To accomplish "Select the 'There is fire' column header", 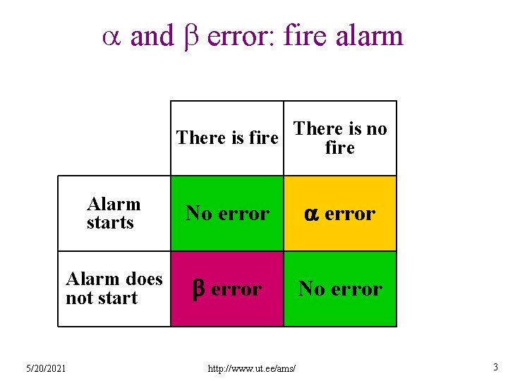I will [x=227, y=138].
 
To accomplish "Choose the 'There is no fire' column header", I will [x=340, y=138].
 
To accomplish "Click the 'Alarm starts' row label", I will [x=113, y=213].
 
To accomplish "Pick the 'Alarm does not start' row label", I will [x=114, y=289].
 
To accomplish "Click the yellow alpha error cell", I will [x=340, y=213].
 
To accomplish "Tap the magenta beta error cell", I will [x=227, y=289].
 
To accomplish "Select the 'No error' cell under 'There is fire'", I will [x=227, y=213].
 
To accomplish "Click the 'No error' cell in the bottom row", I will [x=340, y=289].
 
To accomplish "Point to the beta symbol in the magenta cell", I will [x=199, y=289].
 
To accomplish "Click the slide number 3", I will [x=496, y=367].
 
